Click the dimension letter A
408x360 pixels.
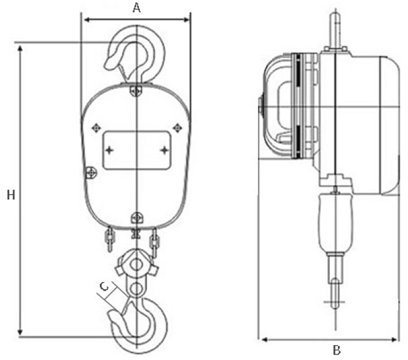click(136, 8)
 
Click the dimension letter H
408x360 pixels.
click(11, 195)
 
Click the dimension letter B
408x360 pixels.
click(337, 350)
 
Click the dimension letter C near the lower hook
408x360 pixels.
click(104, 287)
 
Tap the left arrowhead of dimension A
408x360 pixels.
click(87, 20)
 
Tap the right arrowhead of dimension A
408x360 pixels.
click(187, 20)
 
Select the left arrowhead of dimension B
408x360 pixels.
click(265, 340)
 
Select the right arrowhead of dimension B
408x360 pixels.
click(394, 340)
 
